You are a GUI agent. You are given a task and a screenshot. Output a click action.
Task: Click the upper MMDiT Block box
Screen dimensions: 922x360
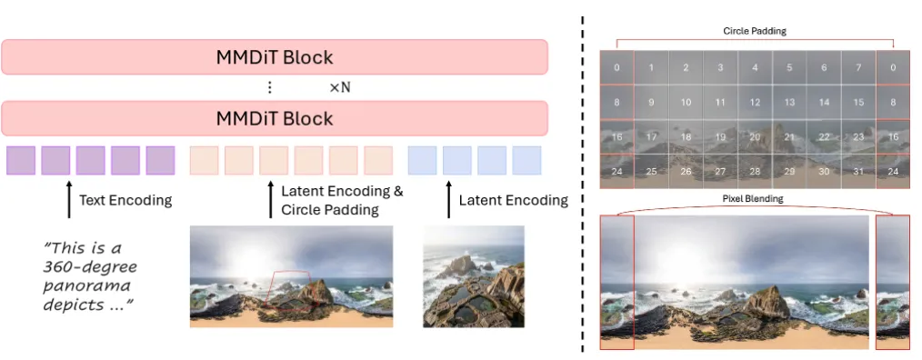point(275,57)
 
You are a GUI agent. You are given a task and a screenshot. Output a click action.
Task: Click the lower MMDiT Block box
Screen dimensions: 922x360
point(275,118)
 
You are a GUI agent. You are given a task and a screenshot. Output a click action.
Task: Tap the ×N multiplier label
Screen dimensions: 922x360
point(339,87)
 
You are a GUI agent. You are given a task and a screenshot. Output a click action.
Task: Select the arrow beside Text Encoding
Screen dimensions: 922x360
point(69,199)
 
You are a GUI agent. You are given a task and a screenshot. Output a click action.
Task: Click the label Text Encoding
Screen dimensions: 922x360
point(125,201)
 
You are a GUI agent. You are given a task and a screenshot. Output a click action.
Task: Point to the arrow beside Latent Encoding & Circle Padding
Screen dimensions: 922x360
point(270,199)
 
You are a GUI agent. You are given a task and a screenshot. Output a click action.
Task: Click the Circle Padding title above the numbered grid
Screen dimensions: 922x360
point(755,31)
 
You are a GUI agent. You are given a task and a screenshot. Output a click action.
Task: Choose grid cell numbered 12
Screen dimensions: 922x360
point(755,103)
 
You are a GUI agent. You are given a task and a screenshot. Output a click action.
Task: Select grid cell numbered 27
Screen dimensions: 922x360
point(720,172)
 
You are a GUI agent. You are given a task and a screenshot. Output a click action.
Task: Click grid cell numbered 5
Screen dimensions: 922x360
point(789,67)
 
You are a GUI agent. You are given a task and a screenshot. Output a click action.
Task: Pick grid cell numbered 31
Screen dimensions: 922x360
point(858,172)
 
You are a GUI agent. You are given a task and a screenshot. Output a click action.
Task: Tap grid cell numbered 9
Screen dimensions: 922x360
point(651,103)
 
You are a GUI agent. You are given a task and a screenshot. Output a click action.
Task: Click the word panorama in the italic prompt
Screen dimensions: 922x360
point(86,286)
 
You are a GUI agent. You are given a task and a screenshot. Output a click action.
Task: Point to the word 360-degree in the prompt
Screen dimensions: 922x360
point(90,267)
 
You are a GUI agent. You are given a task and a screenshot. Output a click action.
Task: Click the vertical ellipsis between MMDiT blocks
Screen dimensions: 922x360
point(269,87)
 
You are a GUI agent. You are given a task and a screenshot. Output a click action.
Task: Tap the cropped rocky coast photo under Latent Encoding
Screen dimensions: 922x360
point(474,276)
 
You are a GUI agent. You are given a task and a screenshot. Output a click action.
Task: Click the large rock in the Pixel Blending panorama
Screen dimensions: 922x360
point(767,302)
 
